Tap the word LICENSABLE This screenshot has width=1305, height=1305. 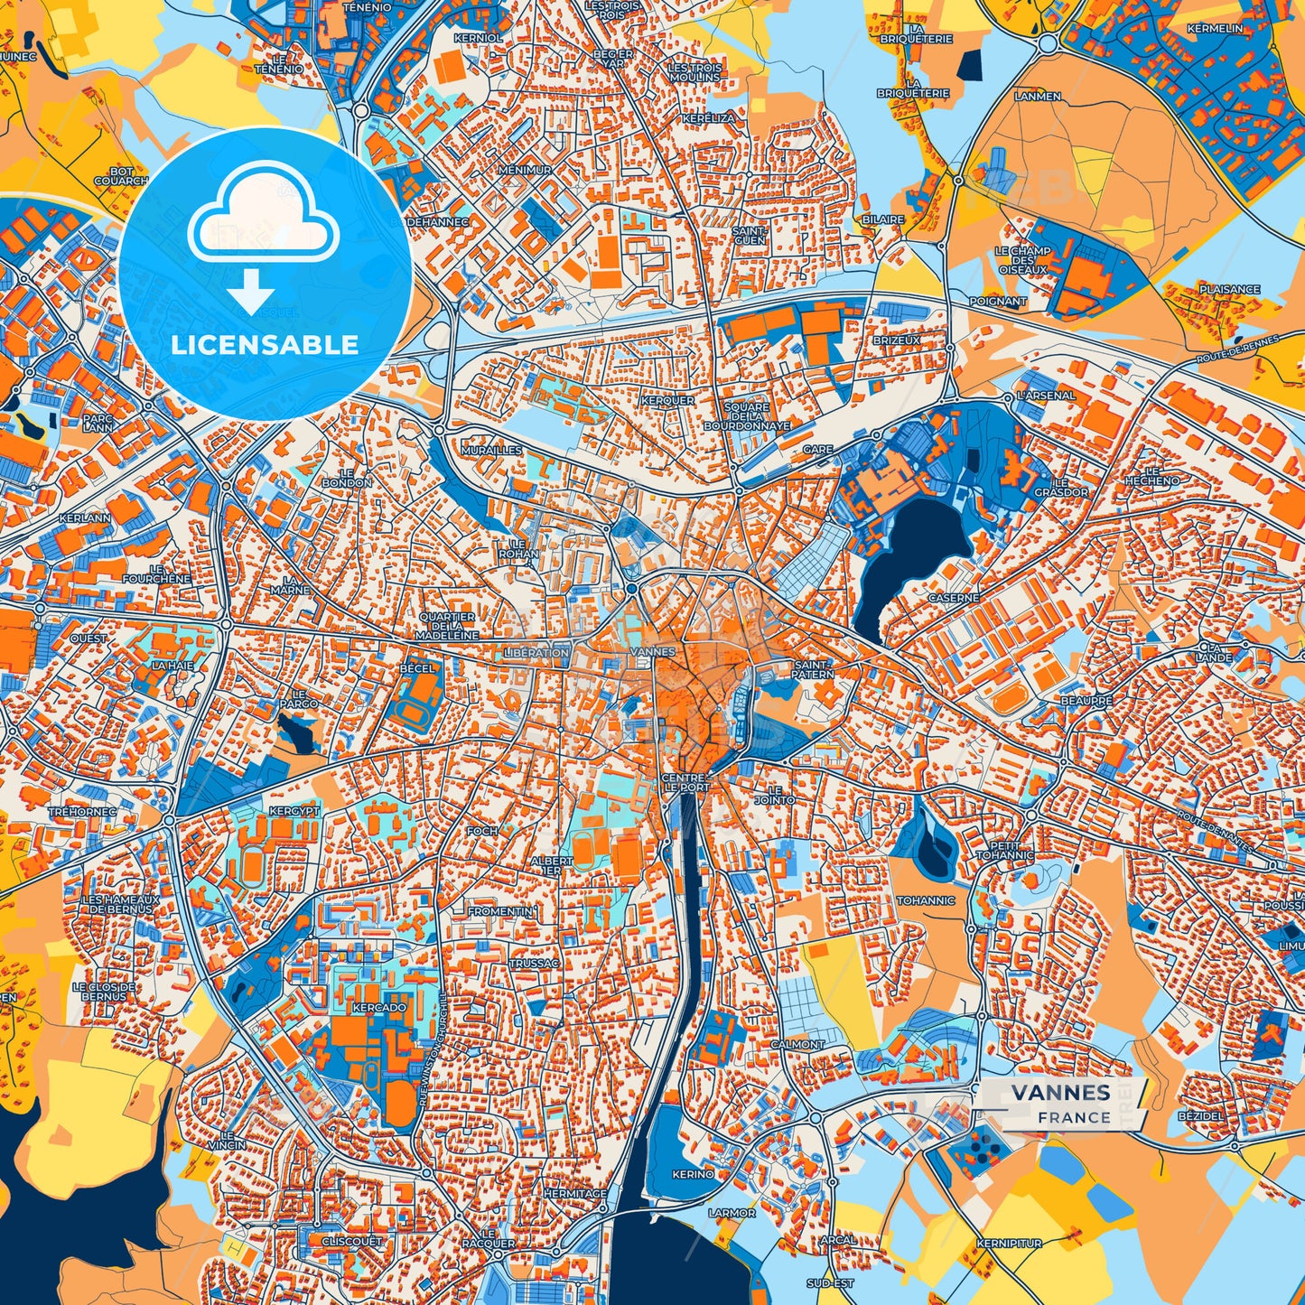point(265,344)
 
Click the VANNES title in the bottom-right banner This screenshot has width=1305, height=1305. point(1060,1092)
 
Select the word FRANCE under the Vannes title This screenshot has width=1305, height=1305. point(1074,1117)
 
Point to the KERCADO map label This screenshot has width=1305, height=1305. point(379,1007)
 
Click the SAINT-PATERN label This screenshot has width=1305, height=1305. point(813,669)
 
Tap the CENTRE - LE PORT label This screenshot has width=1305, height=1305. point(687,782)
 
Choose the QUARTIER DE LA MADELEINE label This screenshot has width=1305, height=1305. point(447,626)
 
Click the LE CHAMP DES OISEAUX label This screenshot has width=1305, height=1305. point(1023,260)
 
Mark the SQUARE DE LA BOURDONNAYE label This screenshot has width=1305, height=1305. point(746,416)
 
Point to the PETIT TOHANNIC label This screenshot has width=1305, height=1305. point(1004,851)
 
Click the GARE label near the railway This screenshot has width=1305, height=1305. point(817,449)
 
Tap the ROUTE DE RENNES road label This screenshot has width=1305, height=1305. point(1237,350)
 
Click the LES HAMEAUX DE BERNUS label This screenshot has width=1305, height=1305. point(120,904)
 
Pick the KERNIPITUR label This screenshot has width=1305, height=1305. point(1009,1244)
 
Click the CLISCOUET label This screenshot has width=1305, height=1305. point(352,1241)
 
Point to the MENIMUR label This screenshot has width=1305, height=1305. point(525,170)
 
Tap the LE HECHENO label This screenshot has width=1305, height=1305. point(1151,476)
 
